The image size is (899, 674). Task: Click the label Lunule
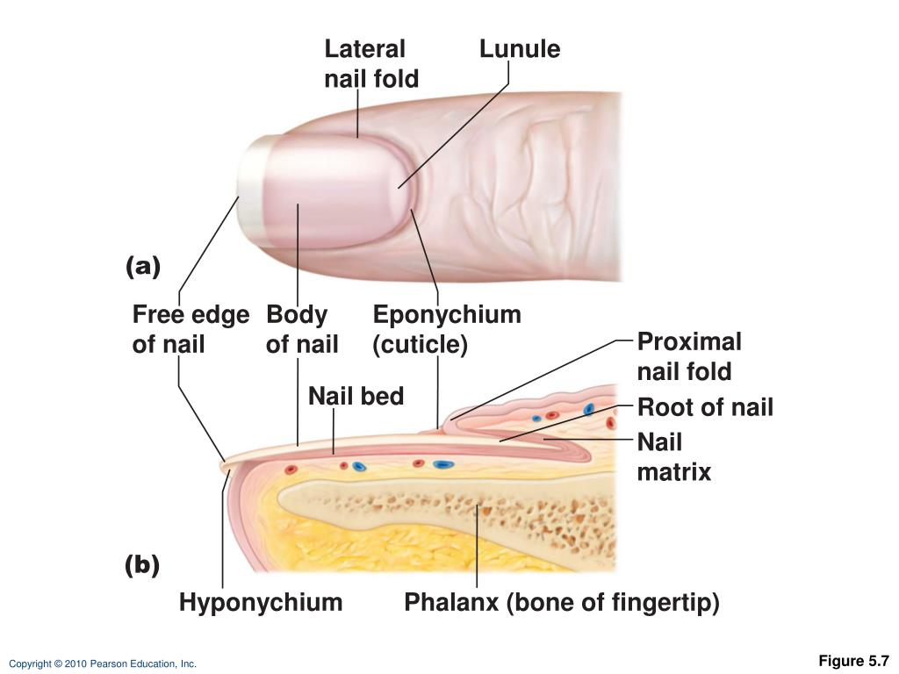[x=520, y=49]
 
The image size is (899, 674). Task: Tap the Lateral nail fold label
[x=371, y=63]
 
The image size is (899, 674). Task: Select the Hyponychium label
[x=261, y=602]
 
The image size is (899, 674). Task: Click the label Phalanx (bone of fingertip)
[x=562, y=602]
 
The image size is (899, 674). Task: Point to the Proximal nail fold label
[x=689, y=356]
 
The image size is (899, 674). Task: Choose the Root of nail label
[x=705, y=407]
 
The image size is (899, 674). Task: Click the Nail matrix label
[x=674, y=456]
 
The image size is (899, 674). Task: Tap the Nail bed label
[x=356, y=396]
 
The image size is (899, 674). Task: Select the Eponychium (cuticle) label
[x=447, y=329]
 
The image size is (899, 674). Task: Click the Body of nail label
[x=302, y=329]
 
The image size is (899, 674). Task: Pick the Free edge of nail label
[x=191, y=329]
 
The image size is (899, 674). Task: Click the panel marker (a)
[x=143, y=267]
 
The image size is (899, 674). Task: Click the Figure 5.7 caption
[x=853, y=660]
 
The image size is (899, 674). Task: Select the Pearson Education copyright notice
[x=103, y=663]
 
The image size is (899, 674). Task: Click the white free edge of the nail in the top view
[x=251, y=186]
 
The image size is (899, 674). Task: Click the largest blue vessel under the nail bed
[x=441, y=464]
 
